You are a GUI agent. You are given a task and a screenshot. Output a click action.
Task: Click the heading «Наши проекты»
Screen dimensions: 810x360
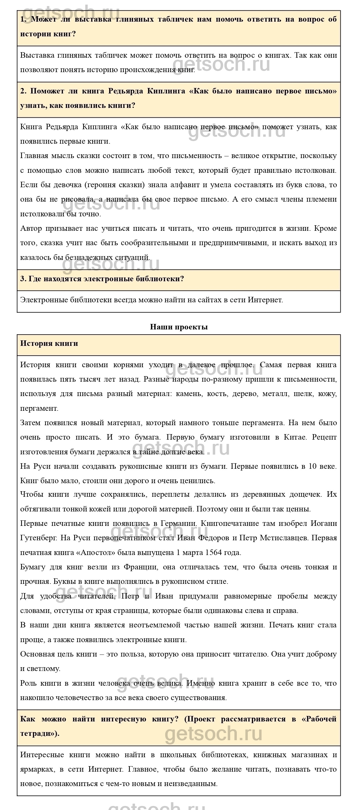pos(179,327)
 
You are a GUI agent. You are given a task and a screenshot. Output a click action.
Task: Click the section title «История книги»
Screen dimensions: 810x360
pos(49,343)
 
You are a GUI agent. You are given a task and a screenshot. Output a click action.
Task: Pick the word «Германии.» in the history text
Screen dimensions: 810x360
pos(179,524)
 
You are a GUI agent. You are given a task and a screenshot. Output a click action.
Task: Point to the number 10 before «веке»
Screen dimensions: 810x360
pos(312,466)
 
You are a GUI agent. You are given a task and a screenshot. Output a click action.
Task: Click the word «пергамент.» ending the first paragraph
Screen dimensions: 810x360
pos(39,408)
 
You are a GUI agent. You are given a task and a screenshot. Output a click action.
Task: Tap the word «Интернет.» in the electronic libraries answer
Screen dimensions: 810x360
pos(265,300)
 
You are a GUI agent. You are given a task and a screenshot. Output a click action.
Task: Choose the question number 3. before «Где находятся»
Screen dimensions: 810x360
pos(23,279)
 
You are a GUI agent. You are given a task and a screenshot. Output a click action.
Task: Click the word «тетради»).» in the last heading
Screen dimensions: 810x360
pos(40,734)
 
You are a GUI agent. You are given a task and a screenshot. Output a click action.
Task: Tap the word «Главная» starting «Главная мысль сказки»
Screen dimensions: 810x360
pos(34,156)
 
